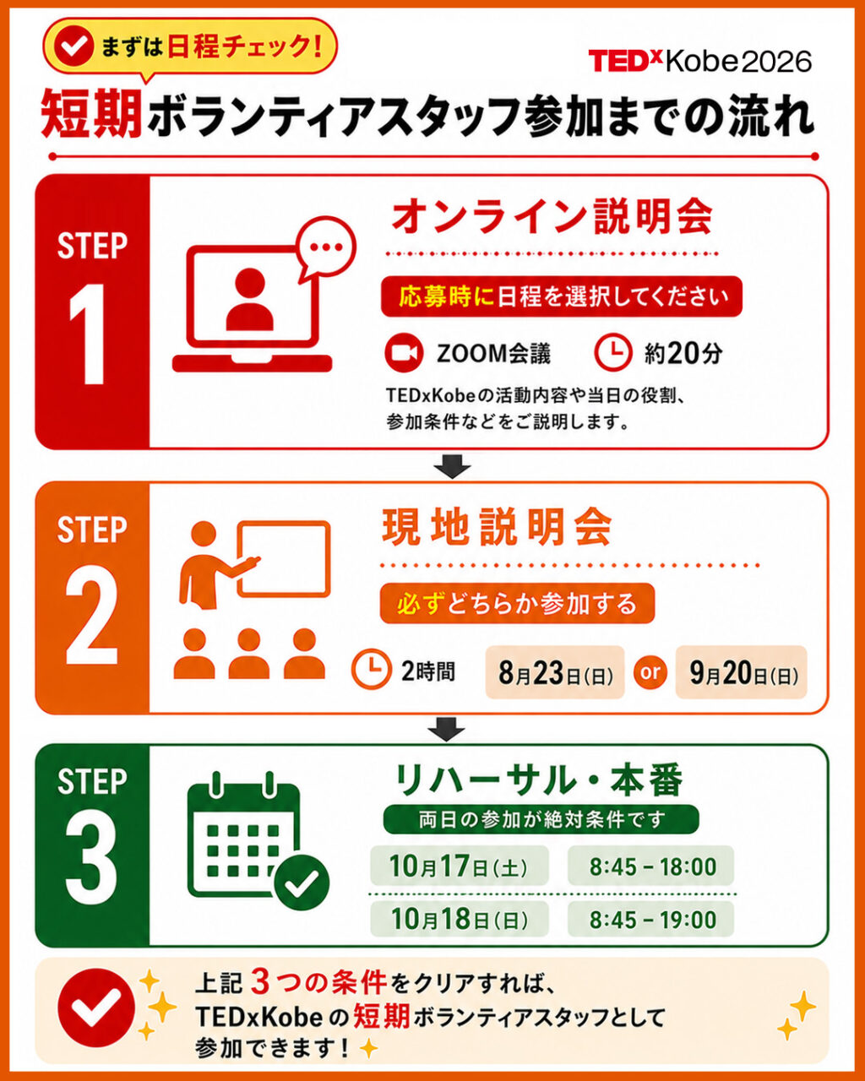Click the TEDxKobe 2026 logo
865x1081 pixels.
pyautogui.click(x=699, y=61)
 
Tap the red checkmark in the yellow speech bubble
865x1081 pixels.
pyautogui.click(x=74, y=46)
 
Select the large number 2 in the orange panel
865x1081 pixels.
pyautogui.click(x=91, y=618)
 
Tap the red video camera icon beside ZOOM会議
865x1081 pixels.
pyautogui.click(x=404, y=353)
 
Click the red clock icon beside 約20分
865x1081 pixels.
pyautogui.click(x=612, y=353)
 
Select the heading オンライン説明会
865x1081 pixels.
pyautogui.click(x=552, y=217)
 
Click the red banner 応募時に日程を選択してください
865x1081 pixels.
pyautogui.click(x=562, y=296)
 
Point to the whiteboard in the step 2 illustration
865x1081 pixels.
pyautogui.click(x=284, y=559)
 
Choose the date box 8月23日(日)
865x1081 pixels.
pyautogui.click(x=555, y=672)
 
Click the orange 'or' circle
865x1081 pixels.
pyautogui.click(x=650, y=672)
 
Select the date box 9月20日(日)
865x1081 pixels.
pyautogui.click(x=742, y=672)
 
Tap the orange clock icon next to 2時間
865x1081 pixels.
pyautogui.click(x=371, y=669)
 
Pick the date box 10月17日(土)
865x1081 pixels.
pyautogui.click(x=459, y=866)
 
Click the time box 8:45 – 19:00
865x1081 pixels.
pyautogui.click(x=651, y=919)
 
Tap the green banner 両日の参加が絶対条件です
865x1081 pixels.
pyautogui.click(x=541, y=819)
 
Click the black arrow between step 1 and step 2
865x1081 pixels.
pyautogui.click(x=453, y=466)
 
